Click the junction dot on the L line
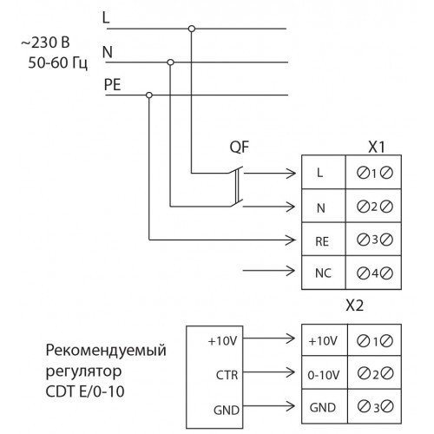click(x=192, y=29)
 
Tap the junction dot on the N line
click(x=171, y=62)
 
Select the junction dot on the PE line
click(x=149, y=95)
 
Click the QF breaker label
click(x=239, y=148)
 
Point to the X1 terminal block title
click(x=377, y=147)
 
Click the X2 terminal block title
click(x=354, y=306)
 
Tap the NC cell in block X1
click(x=323, y=273)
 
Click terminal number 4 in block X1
click(x=375, y=273)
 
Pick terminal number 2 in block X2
click(x=375, y=375)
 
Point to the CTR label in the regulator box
click(x=227, y=375)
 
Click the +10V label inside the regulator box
click(x=222, y=341)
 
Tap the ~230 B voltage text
click(x=45, y=43)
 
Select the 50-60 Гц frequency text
click(x=57, y=62)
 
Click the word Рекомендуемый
click(x=106, y=351)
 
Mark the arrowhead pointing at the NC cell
click(x=290, y=271)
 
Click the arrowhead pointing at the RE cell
click(x=290, y=240)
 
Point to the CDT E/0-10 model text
click(x=85, y=391)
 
